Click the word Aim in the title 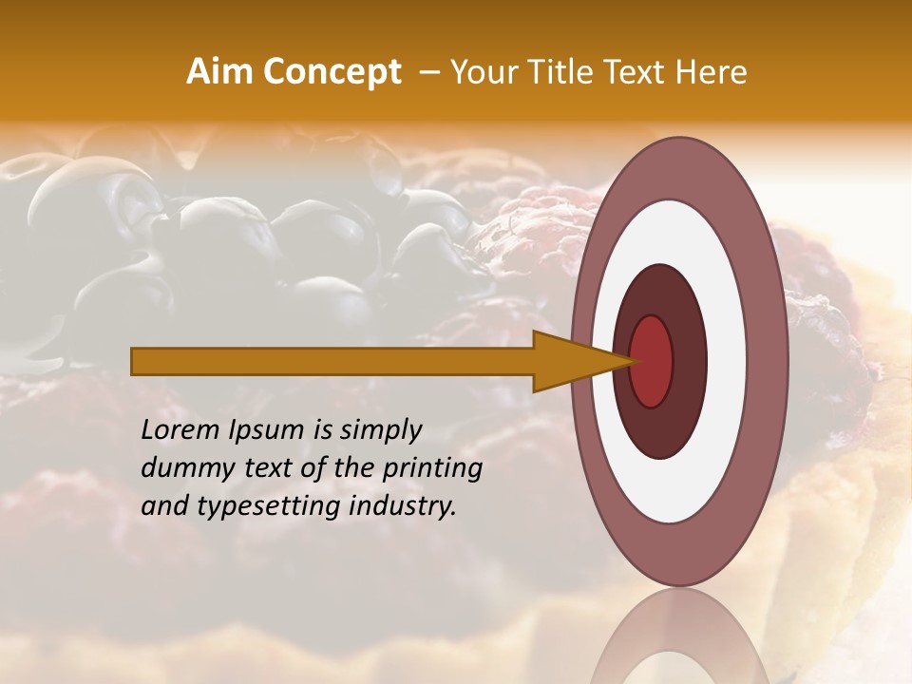click(219, 72)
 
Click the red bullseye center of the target click(652, 361)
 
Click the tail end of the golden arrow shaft click(138, 361)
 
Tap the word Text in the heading click(636, 72)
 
